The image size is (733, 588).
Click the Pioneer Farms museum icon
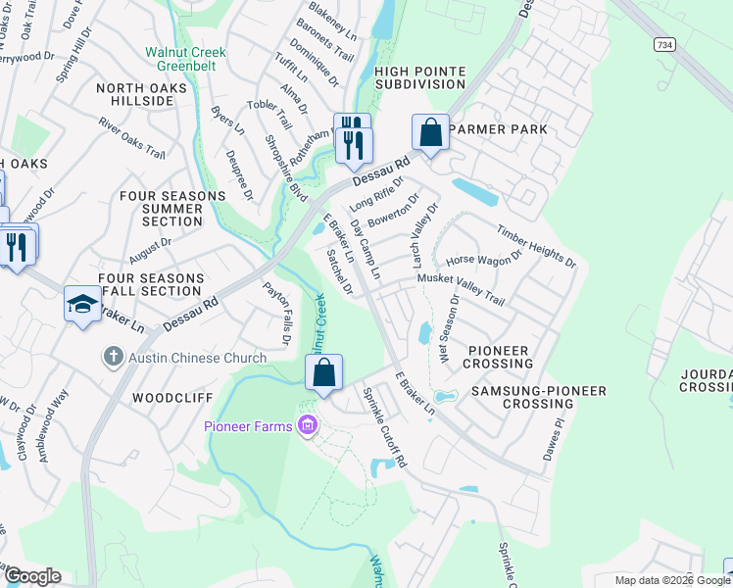308,424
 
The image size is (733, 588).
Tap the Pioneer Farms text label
250,425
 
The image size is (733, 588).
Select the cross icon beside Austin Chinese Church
115,357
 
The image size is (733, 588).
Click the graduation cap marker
82,304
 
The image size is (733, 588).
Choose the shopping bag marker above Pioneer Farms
323,372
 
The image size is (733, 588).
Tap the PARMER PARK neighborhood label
496,129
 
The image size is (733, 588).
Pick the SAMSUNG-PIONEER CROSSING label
537,398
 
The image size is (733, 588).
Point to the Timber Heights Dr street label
535,246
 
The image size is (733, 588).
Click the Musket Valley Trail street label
461,290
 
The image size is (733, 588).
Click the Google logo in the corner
31,575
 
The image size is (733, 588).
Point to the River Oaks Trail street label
131,137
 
